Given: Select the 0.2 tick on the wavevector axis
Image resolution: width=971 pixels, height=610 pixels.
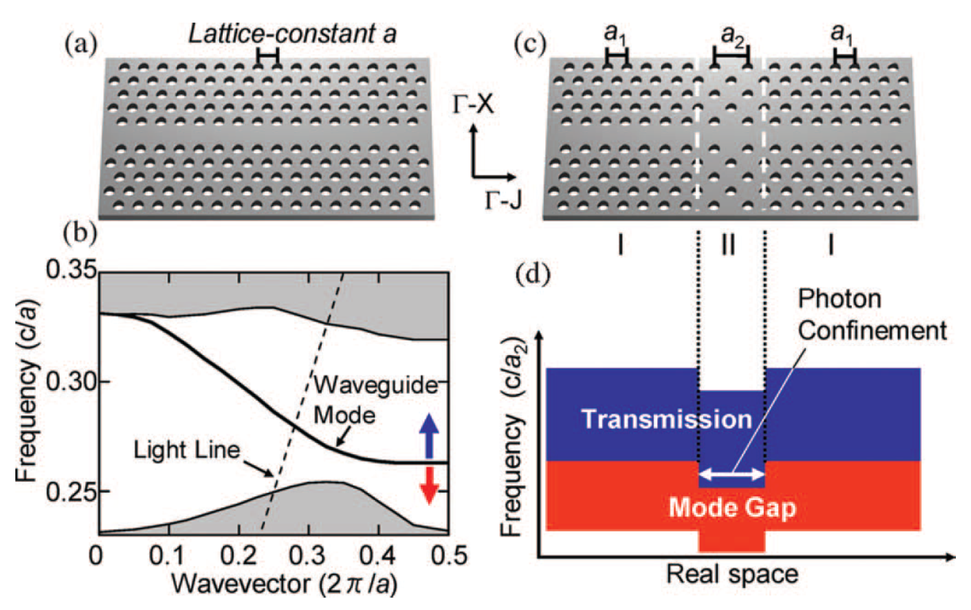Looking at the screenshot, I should point(238,556).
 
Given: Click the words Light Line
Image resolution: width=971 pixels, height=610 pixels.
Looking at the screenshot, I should point(187,450).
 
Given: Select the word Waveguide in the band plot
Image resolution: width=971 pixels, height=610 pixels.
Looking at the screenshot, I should point(376,385).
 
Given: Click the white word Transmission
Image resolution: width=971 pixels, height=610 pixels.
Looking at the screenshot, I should point(667,419).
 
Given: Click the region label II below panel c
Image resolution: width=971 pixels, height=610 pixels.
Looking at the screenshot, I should point(728,245).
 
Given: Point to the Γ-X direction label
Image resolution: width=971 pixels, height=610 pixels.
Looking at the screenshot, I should point(473,105).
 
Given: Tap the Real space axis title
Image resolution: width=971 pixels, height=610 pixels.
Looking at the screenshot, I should point(732,574).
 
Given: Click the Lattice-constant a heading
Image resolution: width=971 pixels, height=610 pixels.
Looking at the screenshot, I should point(293,34).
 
